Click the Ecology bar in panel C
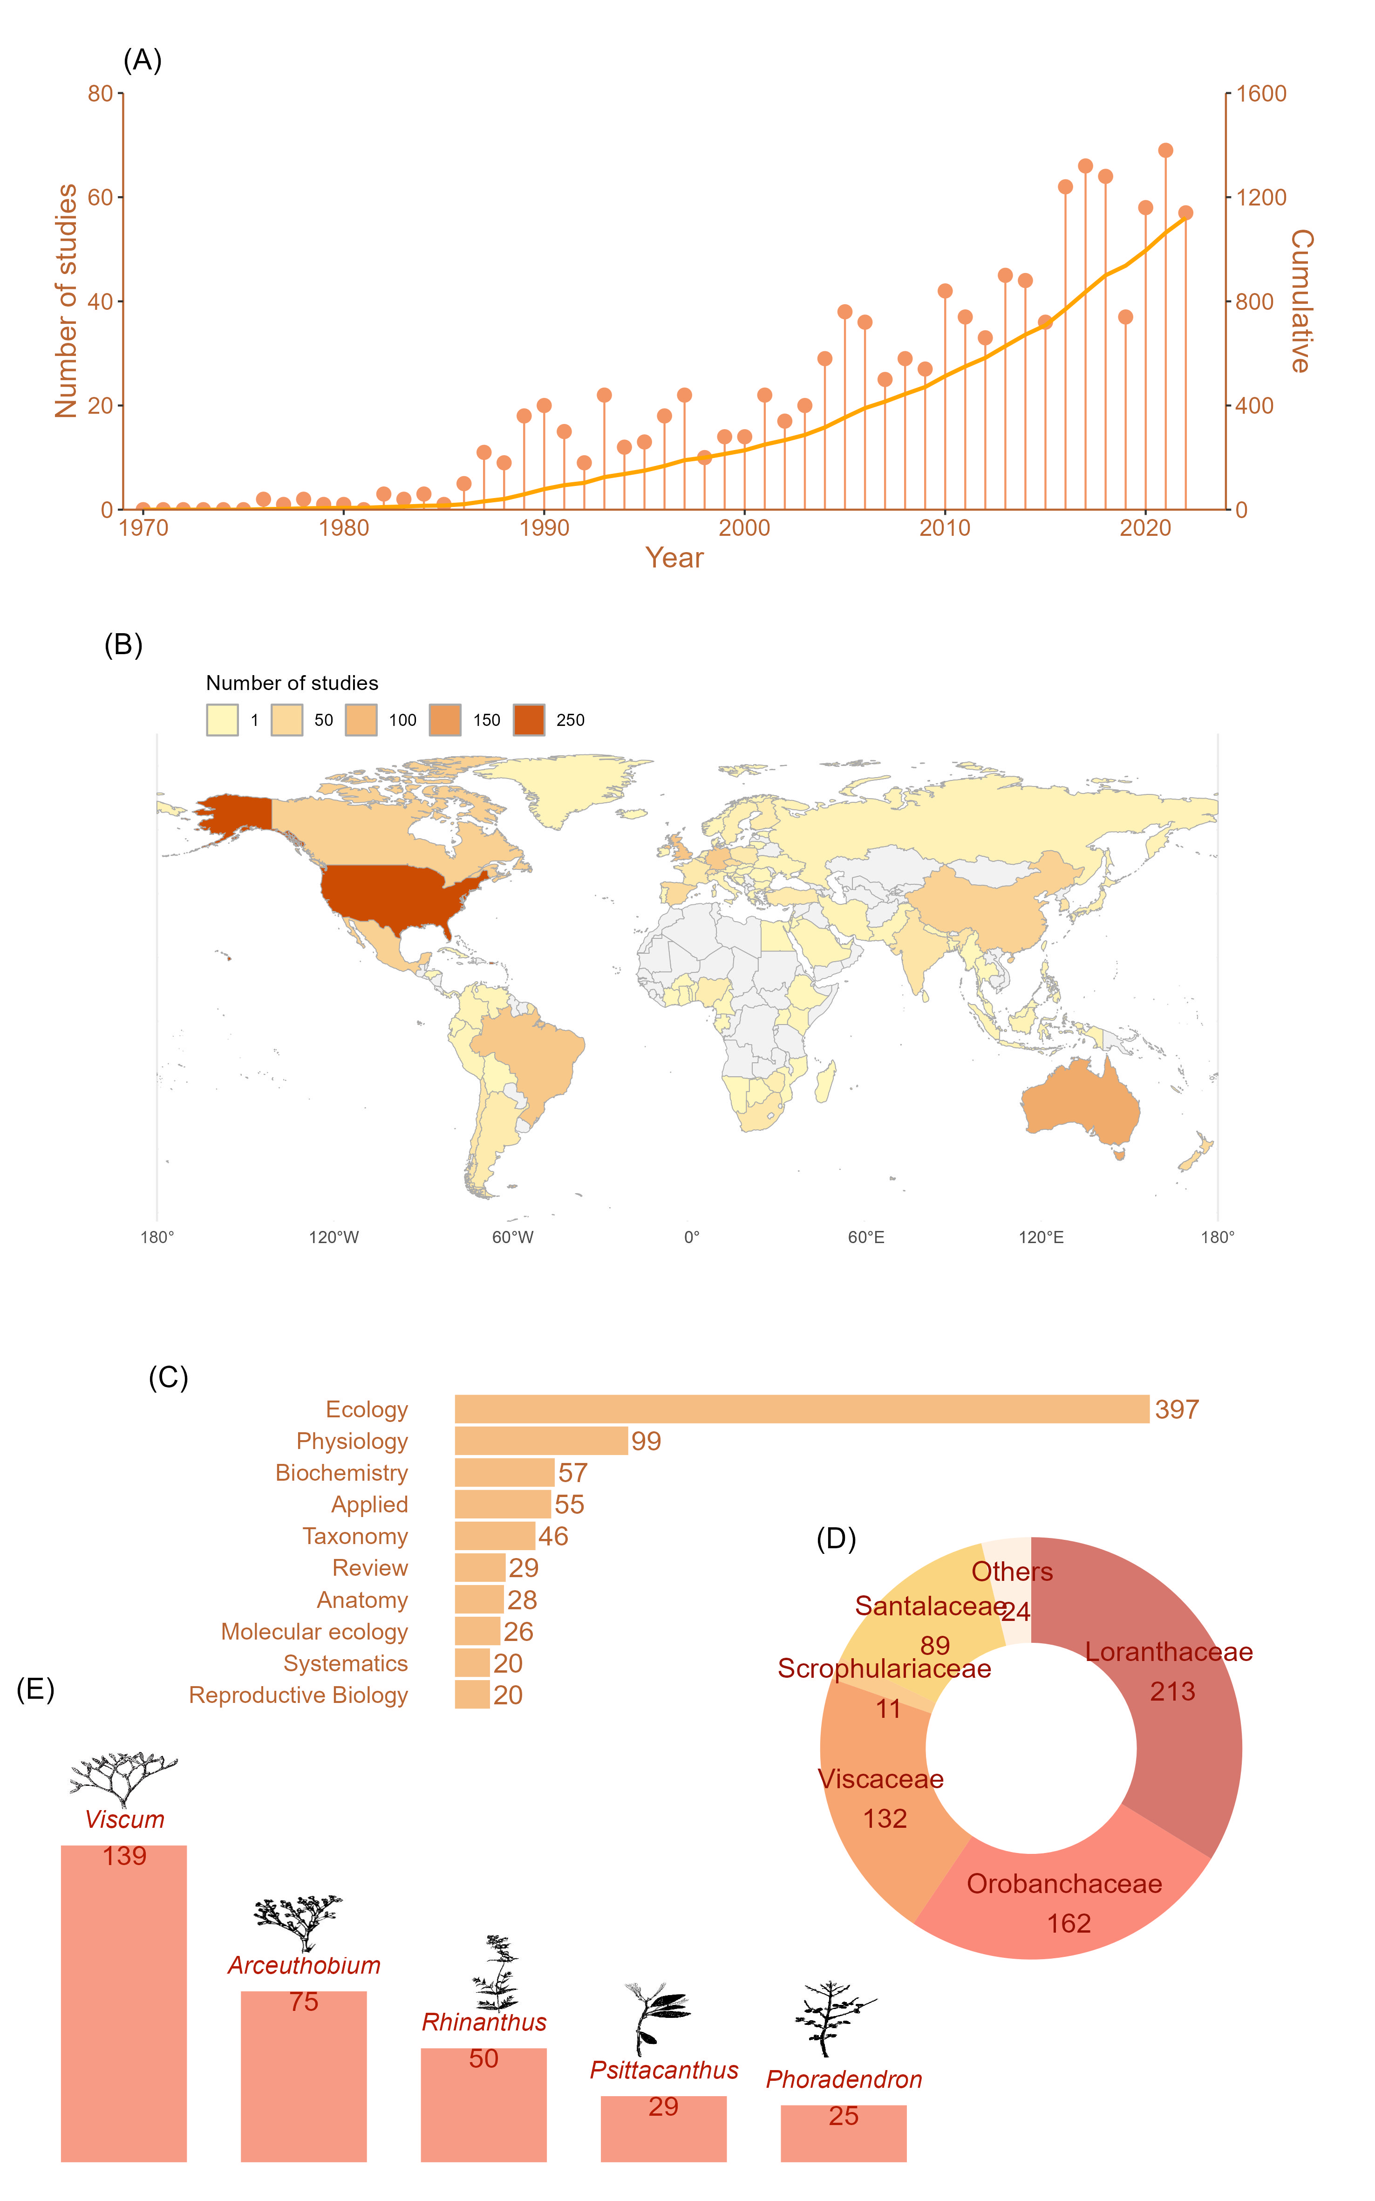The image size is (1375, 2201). (800, 1409)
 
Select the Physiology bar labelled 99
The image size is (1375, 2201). (541, 1441)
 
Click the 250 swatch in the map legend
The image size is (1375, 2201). (528, 719)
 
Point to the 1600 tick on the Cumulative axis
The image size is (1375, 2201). (1261, 94)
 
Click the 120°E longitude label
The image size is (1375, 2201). (1041, 1237)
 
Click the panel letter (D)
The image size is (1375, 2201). (836, 1539)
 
